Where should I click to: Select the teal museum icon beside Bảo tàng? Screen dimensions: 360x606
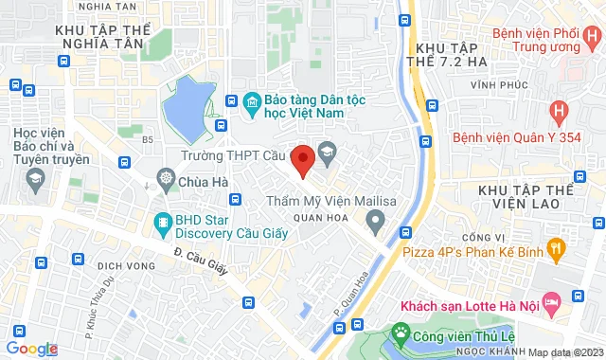[x=252, y=100]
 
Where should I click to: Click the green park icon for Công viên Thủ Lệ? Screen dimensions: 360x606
[x=401, y=333]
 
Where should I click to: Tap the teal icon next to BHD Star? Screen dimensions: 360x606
[x=161, y=224]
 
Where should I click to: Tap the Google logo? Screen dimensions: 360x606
[x=31, y=349]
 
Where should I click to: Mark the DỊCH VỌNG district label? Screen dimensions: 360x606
[x=126, y=266]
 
